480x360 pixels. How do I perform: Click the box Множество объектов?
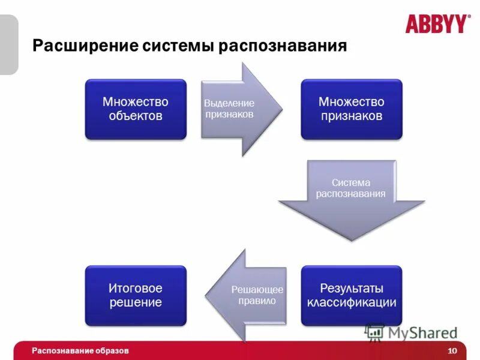[x=136, y=109]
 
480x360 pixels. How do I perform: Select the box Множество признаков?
[x=352, y=109]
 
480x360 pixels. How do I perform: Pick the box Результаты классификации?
[x=352, y=296]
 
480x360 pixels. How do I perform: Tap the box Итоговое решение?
[x=136, y=296]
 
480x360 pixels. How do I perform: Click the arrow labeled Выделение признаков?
[x=237, y=109]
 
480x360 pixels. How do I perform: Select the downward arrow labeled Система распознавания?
[x=352, y=198]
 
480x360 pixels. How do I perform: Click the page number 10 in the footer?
[x=452, y=351]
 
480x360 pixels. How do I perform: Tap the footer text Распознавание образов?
[x=80, y=350]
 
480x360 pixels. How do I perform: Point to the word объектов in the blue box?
[x=136, y=116]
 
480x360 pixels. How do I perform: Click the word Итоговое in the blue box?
[x=136, y=289]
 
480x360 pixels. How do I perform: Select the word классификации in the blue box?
[x=352, y=302]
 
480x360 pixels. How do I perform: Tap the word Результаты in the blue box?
[x=352, y=289]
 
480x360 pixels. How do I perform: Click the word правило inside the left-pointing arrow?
[x=256, y=301]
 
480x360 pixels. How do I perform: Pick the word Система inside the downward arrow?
[x=352, y=182]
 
